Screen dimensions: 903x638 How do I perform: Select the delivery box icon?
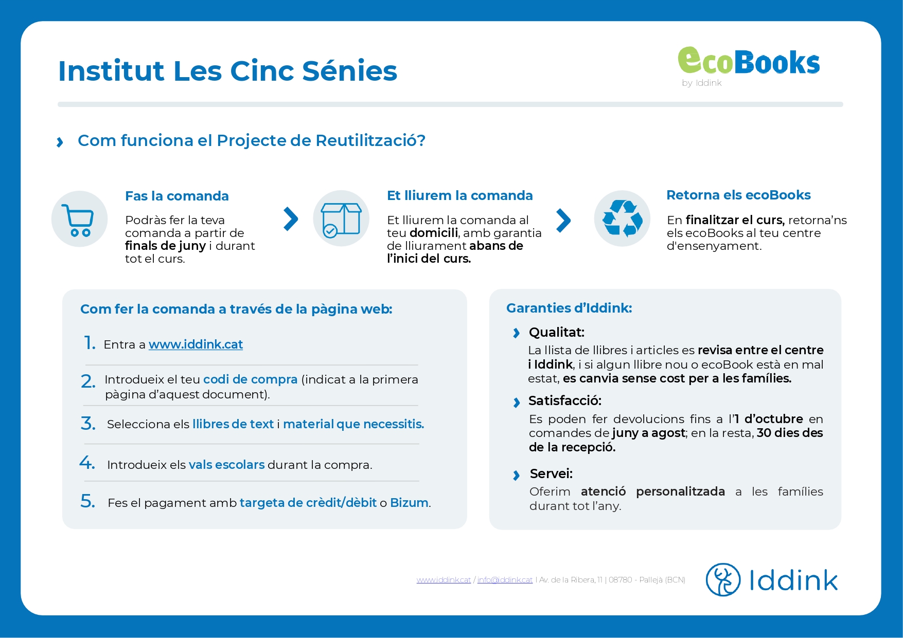[341, 218]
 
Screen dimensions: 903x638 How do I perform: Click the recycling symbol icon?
[622, 218]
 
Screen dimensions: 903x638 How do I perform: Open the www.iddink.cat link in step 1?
[196, 344]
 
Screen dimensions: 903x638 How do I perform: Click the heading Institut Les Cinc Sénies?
[227, 71]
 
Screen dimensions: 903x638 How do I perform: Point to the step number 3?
[88, 424]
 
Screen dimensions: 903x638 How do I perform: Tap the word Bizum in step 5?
[409, 503]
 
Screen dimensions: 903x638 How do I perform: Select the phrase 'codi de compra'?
[250, 379]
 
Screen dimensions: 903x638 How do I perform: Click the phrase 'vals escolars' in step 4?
[226, 465]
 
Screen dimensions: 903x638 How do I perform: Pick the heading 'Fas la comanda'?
[177, 196]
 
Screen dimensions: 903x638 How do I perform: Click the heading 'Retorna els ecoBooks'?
[738, 195]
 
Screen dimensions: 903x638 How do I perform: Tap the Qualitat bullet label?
[557, 332]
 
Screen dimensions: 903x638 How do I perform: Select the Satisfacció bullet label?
[565, 400]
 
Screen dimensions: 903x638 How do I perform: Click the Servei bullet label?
[551, 473]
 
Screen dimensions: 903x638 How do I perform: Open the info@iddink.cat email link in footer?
[505, 580]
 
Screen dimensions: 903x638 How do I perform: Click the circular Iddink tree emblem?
[723, 579]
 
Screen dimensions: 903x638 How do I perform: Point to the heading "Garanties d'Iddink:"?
[569, 308]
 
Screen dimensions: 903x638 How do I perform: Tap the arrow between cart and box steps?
[291, 219]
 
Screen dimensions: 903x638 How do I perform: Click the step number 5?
[87, 501]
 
